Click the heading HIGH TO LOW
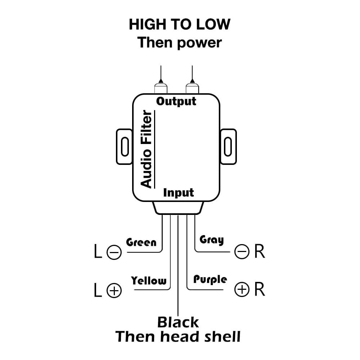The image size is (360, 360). (x=179, y=24)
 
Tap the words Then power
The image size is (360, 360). (x=179, y=42)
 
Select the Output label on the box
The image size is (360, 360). (x=176, y=101)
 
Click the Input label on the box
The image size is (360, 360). (x=179, y=193)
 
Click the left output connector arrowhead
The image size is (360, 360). (x=161, y=81)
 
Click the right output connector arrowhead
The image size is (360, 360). (x=192, y=81)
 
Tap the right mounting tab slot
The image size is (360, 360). (x=228, y=147)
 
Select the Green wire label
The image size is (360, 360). (x=141, y=242)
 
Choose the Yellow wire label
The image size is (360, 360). (x=149, y=280)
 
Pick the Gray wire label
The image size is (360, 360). (x=211, y=240)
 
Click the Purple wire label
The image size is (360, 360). (x=210, y=279)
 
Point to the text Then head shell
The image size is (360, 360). (x=178, y=337)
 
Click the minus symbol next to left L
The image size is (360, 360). (x=114, y=252)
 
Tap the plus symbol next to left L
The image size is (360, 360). (x=114, y=290)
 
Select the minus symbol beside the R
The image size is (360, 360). (x=242, y=252)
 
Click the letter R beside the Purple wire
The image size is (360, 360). (x=260, y=289)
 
